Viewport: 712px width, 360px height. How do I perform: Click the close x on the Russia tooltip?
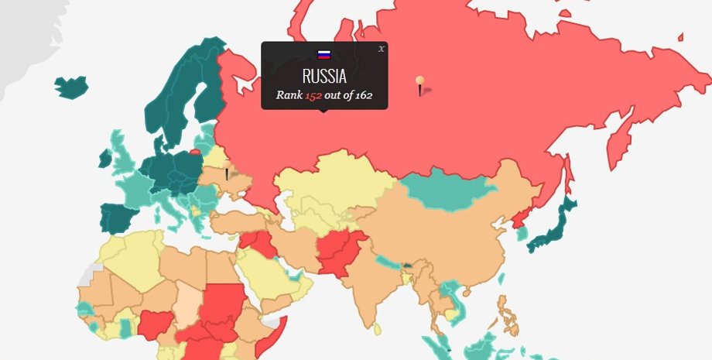(381, 49)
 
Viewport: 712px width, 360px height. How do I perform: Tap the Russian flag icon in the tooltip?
(324, 54)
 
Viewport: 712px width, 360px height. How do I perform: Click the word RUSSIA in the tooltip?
(324, 77)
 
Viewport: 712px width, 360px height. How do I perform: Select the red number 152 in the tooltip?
(313, 95)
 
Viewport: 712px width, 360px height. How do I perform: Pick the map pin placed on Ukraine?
(227, 174)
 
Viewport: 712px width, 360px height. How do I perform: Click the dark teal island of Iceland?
(71, 86)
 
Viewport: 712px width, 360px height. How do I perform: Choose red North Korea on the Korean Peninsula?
(521, 218)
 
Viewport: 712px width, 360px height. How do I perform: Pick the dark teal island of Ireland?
(104, 159)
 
